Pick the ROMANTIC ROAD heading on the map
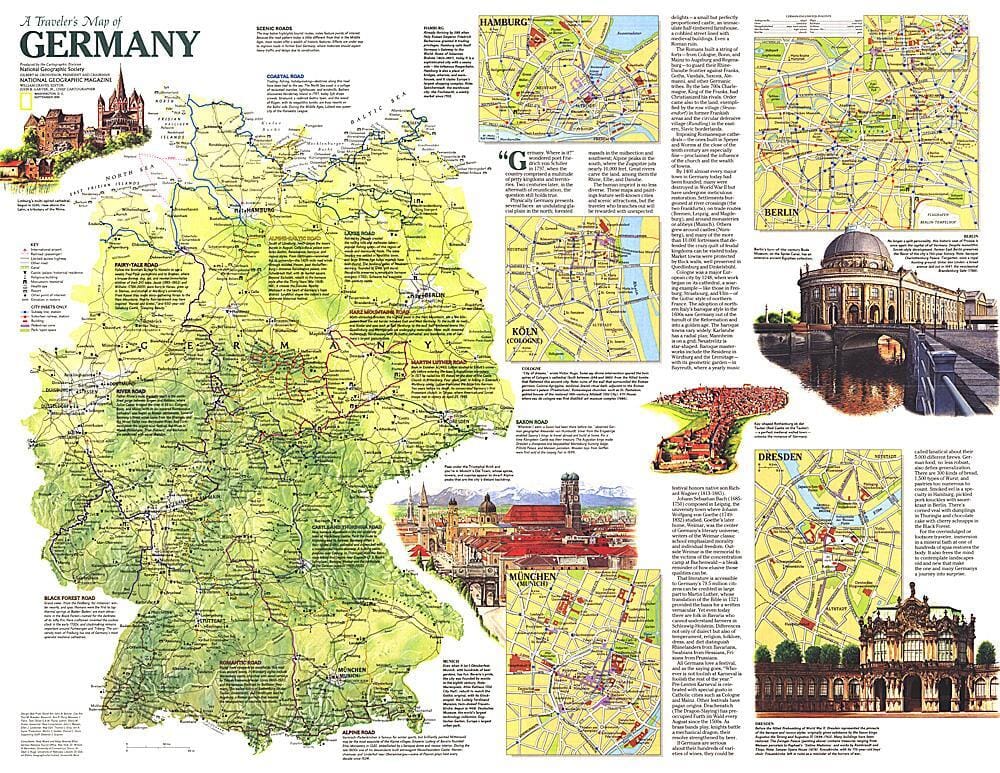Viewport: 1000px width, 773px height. click(x=246, y=634)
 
